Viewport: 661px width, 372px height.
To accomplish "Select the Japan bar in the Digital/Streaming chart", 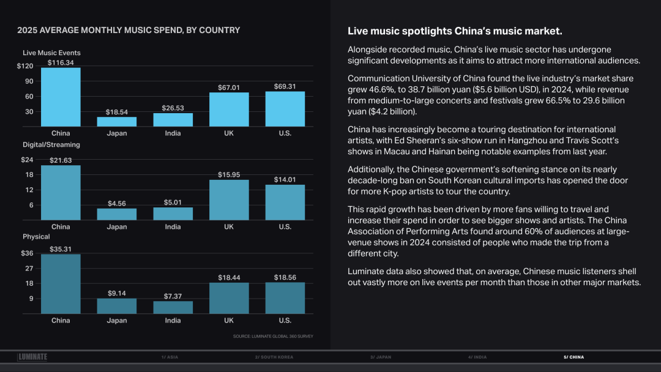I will (116, 214).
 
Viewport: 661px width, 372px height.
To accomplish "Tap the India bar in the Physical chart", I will (173, 307).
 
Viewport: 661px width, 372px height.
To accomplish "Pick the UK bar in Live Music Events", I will (229, 110).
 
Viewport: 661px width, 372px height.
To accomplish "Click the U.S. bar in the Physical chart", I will (285, 298).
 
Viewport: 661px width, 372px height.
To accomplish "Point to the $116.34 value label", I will (61, 63).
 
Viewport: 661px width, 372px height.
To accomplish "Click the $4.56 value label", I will (116, 204).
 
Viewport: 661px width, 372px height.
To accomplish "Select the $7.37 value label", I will (173, 297).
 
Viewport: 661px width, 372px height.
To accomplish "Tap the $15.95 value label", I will (229, 175).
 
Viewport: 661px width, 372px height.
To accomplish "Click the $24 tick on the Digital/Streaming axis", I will (27, 160).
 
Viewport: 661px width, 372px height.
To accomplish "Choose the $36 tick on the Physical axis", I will (27, 253).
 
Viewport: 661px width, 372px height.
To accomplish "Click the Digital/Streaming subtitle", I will (51, 145).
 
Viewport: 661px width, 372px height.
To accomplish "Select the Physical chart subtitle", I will (36, 237).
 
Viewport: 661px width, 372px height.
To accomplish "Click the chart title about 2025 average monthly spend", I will (129, 30).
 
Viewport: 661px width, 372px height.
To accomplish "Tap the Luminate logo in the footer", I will (32, 357).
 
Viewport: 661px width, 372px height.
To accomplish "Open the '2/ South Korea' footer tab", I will (274, 357).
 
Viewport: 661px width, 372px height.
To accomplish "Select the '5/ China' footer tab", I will (573, 357).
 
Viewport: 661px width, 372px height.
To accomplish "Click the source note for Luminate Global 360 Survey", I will (273, 336).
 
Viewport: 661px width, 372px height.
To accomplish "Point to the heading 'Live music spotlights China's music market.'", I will (455, 31).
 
